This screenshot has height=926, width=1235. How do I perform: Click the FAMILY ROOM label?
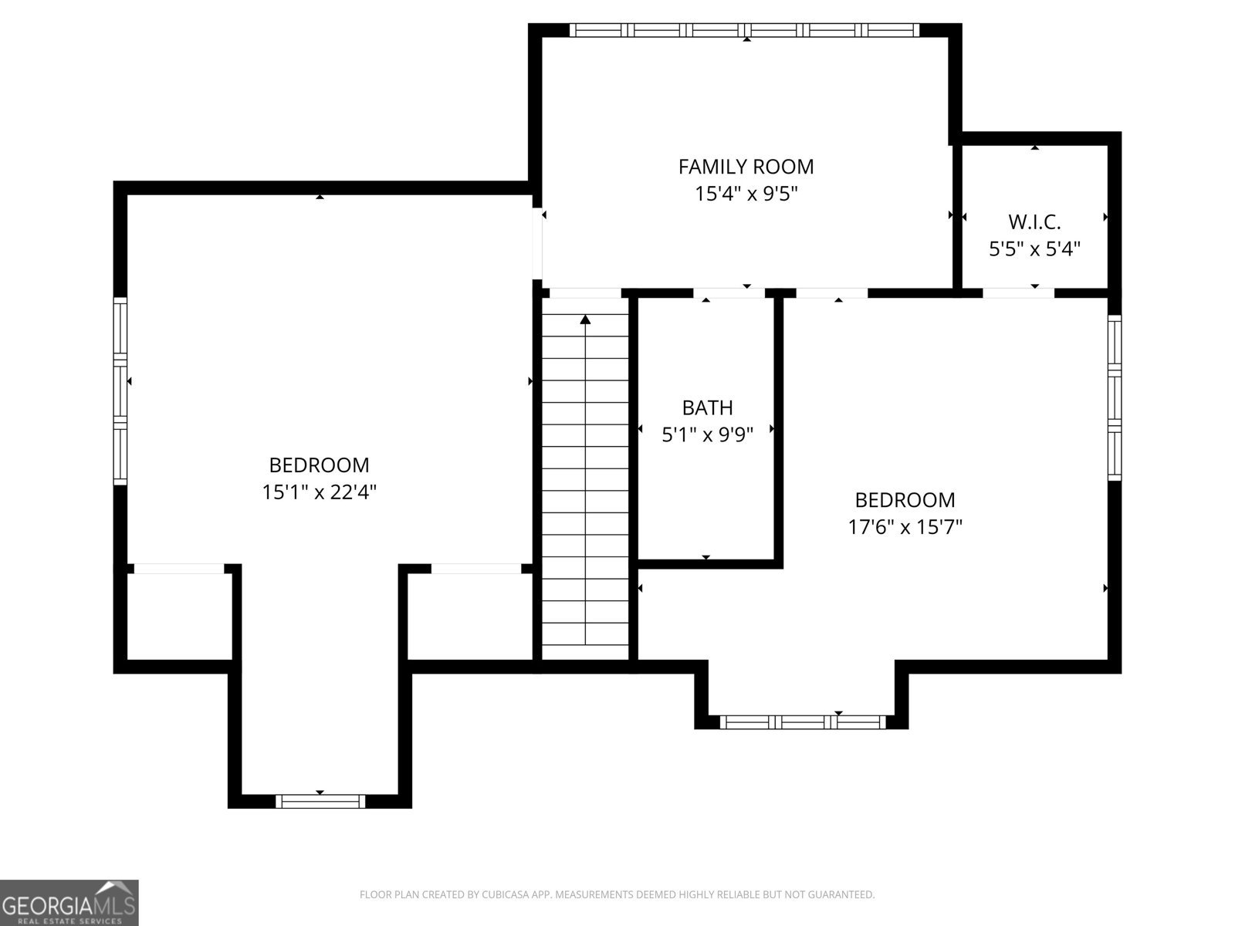(x=746, y=167)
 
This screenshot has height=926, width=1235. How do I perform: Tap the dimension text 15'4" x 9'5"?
(x=746, y=194)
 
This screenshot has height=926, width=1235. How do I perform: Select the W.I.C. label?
(x=1034, y=222)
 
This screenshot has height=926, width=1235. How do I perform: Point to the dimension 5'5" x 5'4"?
(x=1034, y=249)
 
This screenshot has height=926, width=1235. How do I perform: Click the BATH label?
(x=707, y=407)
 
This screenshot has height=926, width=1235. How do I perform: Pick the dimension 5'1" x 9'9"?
(x=707, y=434)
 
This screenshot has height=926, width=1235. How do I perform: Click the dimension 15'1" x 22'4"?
(x=319, y=492)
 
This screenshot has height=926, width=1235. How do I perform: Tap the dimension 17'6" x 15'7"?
(x=905, y=527)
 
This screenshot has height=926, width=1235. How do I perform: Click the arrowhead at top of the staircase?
(x=585, y=319)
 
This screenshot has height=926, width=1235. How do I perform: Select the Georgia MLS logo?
(x=69, y=902)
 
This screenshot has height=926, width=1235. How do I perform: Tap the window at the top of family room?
(x=745, y=30)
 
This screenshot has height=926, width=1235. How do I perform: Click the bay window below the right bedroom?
(x=803, y=722)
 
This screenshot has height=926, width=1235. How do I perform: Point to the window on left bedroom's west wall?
(x=120, y=391)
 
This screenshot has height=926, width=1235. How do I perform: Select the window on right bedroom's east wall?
(x=1115, y=397)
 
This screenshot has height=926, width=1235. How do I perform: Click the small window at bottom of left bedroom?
(x=320, y=801)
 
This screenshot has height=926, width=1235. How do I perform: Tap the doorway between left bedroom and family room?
(x=537, y=241)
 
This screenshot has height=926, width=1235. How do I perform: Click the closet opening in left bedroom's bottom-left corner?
(x=179, y=569)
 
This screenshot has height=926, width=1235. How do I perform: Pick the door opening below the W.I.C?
(x=1018, y=292)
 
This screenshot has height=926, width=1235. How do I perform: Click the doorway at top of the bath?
(x=729, y=293)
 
